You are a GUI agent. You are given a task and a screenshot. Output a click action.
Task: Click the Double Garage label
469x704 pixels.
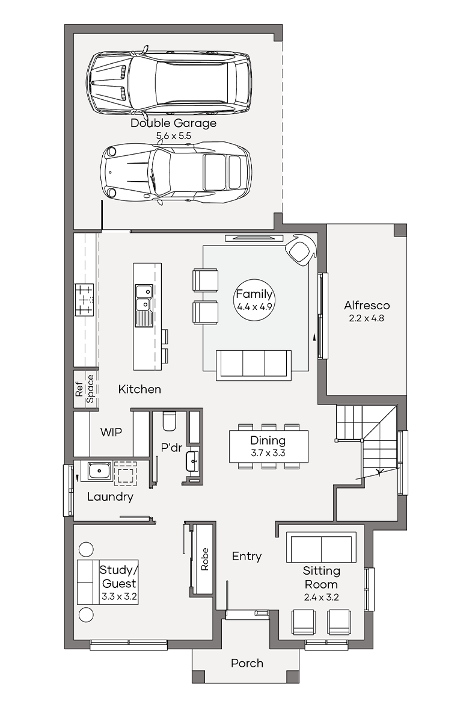coord(173,123)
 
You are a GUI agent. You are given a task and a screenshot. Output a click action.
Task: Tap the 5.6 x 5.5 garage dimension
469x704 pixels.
coord(173,135)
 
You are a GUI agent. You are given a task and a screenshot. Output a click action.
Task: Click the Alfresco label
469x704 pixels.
coord(367,305)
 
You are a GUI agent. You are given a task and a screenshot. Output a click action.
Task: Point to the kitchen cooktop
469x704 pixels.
coord(84,300)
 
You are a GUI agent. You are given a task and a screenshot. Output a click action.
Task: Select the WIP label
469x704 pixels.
coord(111,432)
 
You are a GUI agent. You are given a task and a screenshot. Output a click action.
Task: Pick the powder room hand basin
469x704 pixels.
coord(192,461)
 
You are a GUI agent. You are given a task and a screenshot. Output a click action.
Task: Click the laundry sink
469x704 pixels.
coord(99,471)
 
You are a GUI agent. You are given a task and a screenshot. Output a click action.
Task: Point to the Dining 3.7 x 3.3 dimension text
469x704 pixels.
coord(268,453)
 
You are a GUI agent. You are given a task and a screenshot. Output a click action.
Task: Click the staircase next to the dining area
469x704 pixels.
coord(367,442)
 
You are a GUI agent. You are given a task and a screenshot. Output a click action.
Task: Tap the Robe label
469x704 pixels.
coord(204,559)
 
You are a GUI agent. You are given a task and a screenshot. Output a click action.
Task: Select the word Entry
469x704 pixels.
coord(247,557)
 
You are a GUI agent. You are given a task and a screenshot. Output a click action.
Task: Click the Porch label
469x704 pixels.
coord(247,663)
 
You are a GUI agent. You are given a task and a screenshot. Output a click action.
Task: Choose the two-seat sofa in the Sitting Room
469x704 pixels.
coord(321,547)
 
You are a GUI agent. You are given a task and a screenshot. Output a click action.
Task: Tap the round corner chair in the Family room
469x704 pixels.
coord(300,250)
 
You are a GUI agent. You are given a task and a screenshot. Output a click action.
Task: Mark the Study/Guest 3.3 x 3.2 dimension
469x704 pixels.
coord(119,597)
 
